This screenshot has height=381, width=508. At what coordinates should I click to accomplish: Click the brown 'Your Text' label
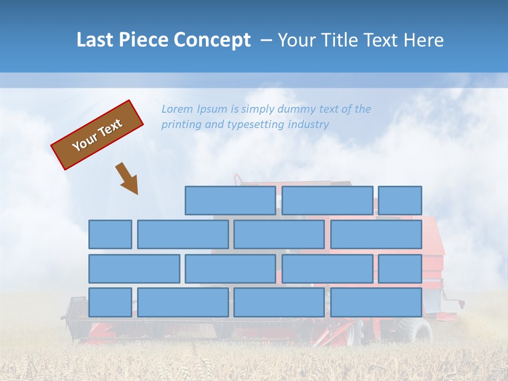click(x=97, y=135)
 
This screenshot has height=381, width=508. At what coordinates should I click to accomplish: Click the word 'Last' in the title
click(x=95, y=40)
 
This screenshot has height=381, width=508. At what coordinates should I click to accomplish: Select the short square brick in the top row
click(x=400, y=201)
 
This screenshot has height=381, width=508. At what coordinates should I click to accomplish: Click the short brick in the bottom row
click(x=110, y=302)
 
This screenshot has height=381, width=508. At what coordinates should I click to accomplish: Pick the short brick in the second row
click(x=110, y=234)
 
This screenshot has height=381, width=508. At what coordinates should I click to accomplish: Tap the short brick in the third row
click(x=400, y=268)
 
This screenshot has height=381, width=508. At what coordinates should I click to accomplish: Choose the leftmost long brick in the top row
click(x=230, y=201)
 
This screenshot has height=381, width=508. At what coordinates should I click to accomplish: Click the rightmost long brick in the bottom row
click(x=376, y=302)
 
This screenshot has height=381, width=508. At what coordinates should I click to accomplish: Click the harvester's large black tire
click(x=416, y=331)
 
